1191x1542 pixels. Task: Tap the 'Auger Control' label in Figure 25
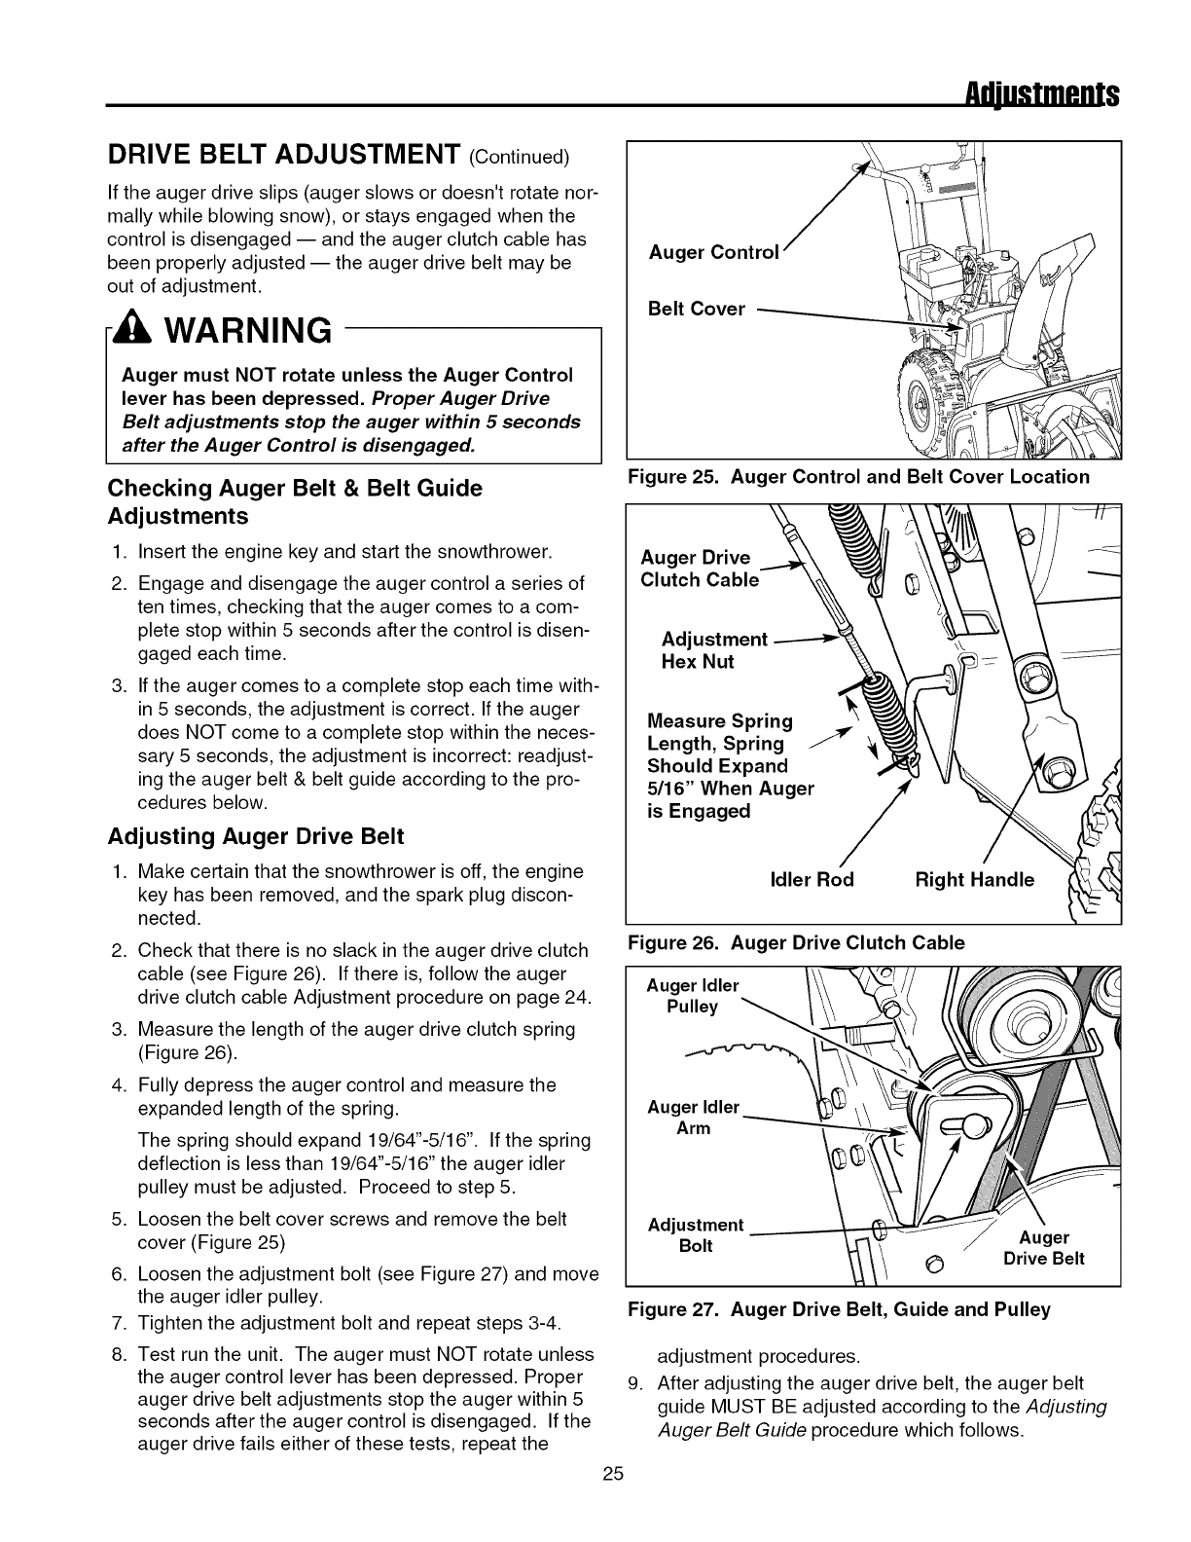pos(714,253)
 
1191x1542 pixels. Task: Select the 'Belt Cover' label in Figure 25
pos(697,309)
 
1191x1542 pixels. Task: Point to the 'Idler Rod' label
pos(812,880)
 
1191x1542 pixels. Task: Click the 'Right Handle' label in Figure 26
pos(975,880)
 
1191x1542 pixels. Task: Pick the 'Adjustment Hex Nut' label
pos(714,650)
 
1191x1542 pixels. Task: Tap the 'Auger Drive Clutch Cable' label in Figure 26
pos(699,569)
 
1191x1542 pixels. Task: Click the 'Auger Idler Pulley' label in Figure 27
pos(693,996)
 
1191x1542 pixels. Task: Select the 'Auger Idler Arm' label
pos(693,1118)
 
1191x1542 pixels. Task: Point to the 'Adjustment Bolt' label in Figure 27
pos(695,1235)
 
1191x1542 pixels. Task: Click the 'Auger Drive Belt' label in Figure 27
pos(1043,1248)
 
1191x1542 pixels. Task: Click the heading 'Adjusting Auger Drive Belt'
pos(256,836)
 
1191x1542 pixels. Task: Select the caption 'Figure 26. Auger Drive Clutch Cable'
pos(797,942)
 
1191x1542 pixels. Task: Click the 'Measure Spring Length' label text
pos(720,732)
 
